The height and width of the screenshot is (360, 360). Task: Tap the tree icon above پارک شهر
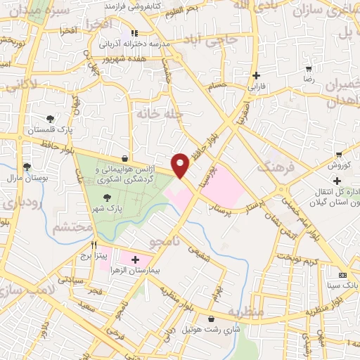click(x=107, y=198)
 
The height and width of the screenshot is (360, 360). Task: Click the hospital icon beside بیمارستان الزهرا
click(x=135, y=259)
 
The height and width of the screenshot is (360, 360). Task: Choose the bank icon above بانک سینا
click(x=342, y=274)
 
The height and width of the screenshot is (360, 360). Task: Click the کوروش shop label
click(x=338, y=165)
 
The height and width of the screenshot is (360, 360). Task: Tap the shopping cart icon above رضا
click(x=308, y=69)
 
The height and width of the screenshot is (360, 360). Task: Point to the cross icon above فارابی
click(x=256, y=76)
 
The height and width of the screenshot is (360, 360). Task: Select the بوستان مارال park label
click(x=26, y=179)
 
